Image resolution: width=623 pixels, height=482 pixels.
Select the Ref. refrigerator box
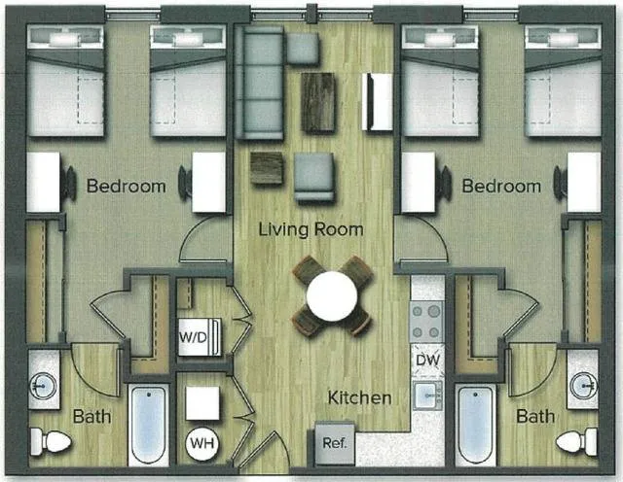point(332,444)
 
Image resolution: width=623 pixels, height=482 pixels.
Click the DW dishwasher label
point(427,359)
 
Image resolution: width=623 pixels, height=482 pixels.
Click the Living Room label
point(311,230)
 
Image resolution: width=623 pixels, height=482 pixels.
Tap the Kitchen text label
point(359,397)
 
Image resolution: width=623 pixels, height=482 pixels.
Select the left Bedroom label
point(126,186)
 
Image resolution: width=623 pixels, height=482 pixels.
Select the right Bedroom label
point(500,186)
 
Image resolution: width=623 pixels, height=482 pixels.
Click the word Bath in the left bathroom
point(92,417)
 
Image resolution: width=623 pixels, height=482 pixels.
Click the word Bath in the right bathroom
point(534,417)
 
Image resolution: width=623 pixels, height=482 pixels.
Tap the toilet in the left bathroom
point(49,442)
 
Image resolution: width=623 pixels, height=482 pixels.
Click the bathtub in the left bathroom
point(148,425)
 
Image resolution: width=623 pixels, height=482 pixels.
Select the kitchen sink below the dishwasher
point(427,395)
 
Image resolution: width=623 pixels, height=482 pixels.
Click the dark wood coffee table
point(317,102)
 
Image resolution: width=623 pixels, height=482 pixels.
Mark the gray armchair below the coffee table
point(313,178)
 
